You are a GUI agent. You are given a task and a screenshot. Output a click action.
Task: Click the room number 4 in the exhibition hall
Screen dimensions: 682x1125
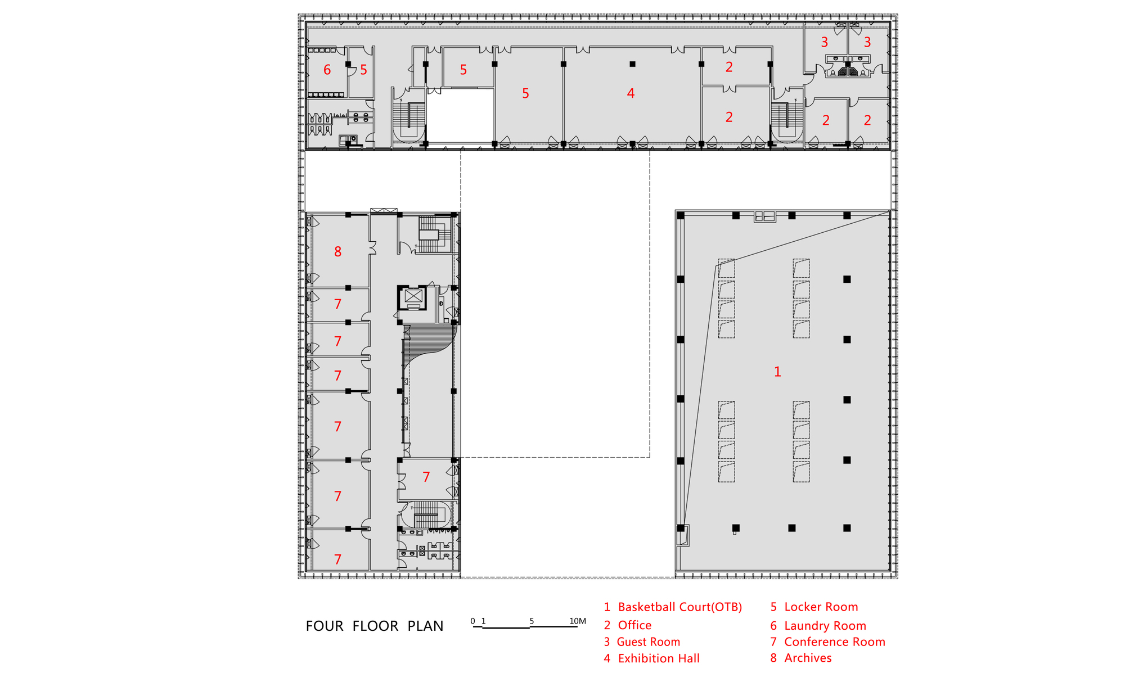[x=631, y=93]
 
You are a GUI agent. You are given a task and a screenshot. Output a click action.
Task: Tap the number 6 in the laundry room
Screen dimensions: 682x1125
[x=327, y=70]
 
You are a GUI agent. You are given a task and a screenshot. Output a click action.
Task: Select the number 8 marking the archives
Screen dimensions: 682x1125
[x=337, y=252]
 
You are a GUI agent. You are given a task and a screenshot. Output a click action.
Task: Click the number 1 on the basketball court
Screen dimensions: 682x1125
[x=777, y=372]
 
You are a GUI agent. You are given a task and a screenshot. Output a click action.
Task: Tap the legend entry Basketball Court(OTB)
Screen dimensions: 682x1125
[x=673, y=607]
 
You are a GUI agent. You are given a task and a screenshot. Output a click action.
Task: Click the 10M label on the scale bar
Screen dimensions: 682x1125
[x=578, y=621]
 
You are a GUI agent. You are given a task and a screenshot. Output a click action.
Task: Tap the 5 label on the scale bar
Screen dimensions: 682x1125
[x=532, y=621]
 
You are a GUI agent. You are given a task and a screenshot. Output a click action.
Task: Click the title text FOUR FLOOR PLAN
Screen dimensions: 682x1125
[x=374, y=626]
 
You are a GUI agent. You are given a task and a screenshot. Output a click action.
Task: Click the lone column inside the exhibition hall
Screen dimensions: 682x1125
[x=632, y=64]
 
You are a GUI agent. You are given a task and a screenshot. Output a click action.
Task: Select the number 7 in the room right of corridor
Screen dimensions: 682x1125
[x=426, y=477]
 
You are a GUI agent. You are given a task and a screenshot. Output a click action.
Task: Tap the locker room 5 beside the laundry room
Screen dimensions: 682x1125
[x=363, y=70]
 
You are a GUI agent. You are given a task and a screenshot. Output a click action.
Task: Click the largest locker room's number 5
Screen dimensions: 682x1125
[x=525, y=93]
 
